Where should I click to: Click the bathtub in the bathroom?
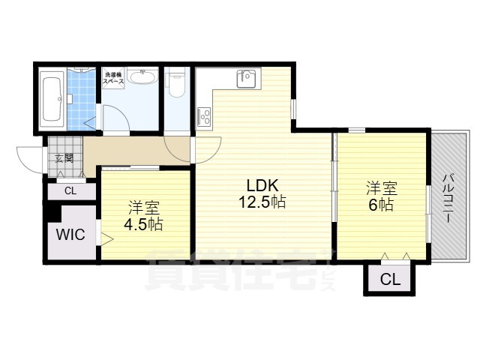tap(53, 99)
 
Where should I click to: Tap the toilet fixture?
tap(176, 82)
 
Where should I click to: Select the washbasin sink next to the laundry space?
tap(142, 76)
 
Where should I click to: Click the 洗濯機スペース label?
tap(113, 78)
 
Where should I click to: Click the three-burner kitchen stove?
tap(204, 116)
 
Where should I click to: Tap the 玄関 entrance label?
tap(64, 158)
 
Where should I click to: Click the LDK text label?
tap(262, 186)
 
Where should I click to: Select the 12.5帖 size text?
tap(262, 202)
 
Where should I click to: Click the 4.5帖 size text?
tap(143, 224)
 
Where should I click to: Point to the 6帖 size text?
tap(381, 205)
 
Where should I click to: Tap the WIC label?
tap(70, 235)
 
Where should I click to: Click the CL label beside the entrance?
tap(70, 191)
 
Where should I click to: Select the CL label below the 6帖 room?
tap(390, 279)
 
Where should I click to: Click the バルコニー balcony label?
tap(448, 198)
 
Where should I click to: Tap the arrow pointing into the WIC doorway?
tap(107, 238)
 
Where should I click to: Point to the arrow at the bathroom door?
tap(89, 124)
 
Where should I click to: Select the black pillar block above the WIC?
tap(53, 212)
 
